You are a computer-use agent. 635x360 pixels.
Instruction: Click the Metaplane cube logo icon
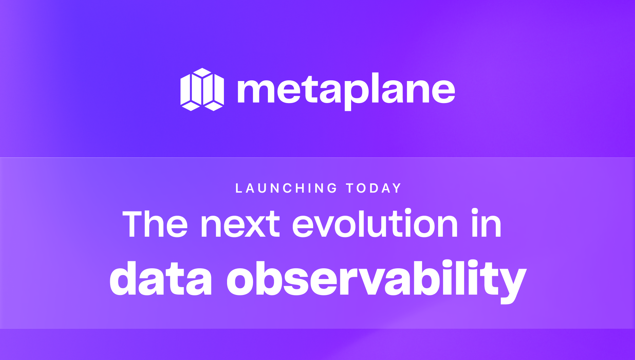tap(202, 90)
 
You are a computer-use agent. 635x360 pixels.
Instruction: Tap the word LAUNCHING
tap(286, 188)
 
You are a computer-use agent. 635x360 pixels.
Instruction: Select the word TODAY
tap(373, 188)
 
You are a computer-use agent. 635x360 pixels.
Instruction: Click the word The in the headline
tap(155, 224)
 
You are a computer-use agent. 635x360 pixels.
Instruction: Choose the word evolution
tap(375, 224)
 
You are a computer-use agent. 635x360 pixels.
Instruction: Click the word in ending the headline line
tap(486, 224)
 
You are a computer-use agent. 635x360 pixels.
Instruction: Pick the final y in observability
tap(511, 284)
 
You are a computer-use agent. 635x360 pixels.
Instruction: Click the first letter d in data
tap(123, 279)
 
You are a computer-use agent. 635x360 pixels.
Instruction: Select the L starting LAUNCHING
tap(239, 188)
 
